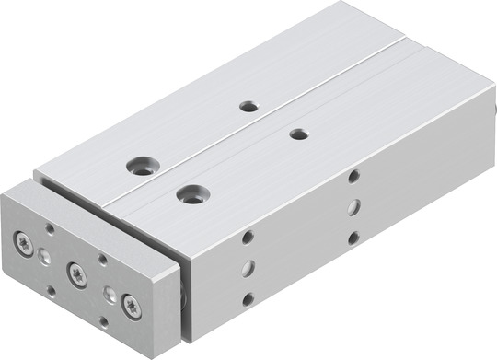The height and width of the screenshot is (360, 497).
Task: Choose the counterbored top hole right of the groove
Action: pos(192,194)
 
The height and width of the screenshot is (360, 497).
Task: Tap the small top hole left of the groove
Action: pos(248,106)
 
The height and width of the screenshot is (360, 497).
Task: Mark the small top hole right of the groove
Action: pos(298,134)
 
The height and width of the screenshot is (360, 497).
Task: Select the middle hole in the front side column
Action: pos(248,268)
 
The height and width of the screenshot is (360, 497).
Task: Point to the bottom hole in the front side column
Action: pos(248,298)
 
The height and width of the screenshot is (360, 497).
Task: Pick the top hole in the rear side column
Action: pos(353,176)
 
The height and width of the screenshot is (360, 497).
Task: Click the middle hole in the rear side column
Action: pos(353,206)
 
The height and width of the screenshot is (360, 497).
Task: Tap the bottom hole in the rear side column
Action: pos(353,237)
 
